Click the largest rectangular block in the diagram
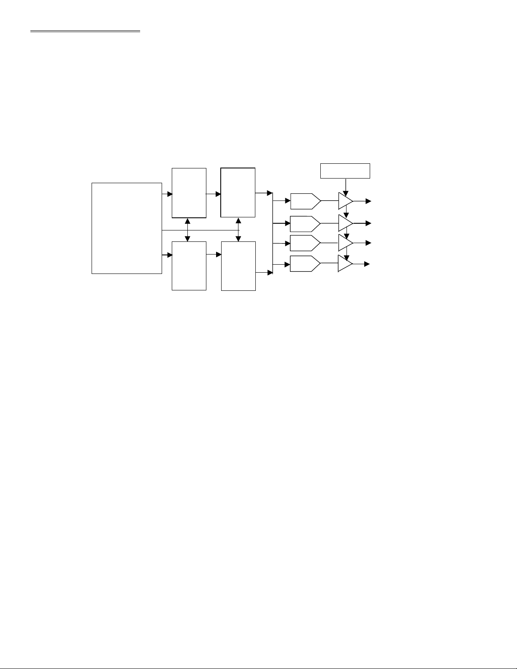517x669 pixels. point(127,228)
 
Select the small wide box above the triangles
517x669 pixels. point(345,171)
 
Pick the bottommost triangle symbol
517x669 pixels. point(345,264)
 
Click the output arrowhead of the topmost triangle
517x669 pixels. point(368,201)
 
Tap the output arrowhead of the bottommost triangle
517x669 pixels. point(367,264)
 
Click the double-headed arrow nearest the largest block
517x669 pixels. point(187,230)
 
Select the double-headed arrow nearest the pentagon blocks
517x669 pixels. point(238,230)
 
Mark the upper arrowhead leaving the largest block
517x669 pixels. point(170,194)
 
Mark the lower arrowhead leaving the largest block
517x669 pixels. point(170,255)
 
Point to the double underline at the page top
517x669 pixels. point(85,31)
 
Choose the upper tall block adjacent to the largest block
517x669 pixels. point(189,192)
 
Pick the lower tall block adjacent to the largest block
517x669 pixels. point(189,265)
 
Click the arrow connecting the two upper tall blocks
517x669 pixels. point(214,194)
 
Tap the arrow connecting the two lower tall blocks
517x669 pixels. point(214,255)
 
